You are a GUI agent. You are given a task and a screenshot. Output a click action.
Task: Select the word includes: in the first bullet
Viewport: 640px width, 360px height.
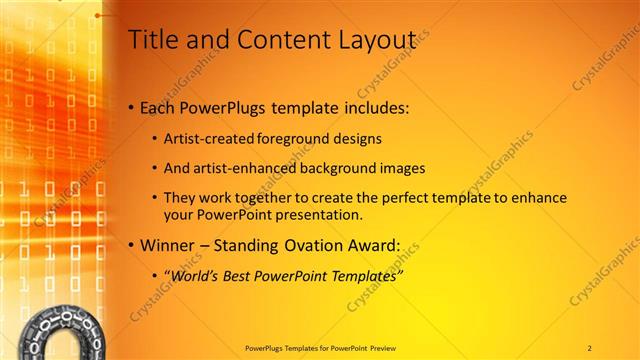point(374,107)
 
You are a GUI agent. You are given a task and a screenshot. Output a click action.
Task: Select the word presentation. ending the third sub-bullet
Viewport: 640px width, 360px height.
point(316,215)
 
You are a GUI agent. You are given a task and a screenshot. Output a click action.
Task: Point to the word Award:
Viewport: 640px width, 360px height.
point(371,245)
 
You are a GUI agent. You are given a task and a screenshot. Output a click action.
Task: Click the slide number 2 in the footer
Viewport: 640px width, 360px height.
point(590,347)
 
